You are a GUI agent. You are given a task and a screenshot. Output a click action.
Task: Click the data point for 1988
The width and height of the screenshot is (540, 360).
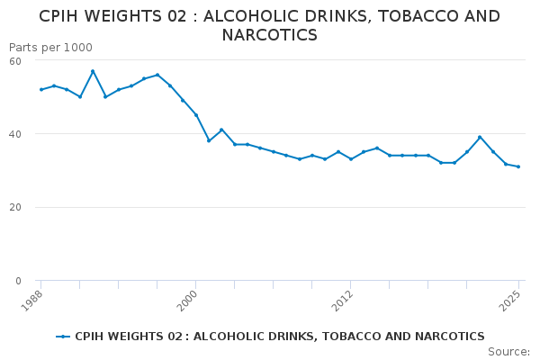pos(40,89)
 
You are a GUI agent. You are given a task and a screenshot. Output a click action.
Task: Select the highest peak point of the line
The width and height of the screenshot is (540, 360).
pos(93,71)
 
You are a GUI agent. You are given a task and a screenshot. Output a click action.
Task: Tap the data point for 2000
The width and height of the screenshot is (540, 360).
pos(195,115)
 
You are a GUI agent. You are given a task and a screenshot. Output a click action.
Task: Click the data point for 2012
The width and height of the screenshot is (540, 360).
pos(351,159)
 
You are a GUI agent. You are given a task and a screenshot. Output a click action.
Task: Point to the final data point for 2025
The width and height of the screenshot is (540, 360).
pos(518,166)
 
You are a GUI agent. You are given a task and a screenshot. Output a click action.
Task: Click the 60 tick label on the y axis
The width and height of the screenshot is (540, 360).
pos(15,60)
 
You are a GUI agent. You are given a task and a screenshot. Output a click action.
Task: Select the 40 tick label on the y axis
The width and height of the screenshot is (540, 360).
pos(15,134)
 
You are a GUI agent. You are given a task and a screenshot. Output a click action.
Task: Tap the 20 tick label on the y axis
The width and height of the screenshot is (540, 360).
pos(15,207)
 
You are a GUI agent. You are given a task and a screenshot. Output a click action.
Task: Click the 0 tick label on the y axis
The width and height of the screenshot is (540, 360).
pos(19,281)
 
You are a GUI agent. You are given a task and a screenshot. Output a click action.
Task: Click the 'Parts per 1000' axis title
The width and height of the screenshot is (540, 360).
pos(50,48)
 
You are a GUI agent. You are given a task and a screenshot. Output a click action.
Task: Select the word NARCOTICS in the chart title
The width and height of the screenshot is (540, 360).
pos(269,36)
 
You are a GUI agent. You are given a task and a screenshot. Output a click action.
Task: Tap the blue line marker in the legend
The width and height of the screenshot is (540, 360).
pos(63,337)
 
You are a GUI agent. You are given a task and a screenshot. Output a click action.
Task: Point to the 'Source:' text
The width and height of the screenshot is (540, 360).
pos(508,351)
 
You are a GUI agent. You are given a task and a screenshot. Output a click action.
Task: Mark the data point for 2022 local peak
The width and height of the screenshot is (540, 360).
pos(480,137)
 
